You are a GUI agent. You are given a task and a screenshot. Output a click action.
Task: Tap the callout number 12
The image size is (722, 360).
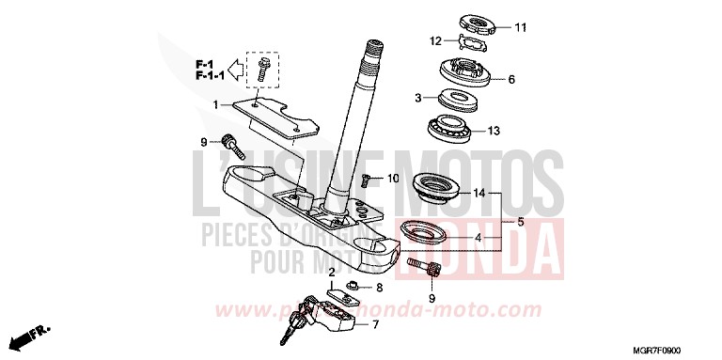435,40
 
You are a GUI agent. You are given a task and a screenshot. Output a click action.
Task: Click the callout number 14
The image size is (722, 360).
479,194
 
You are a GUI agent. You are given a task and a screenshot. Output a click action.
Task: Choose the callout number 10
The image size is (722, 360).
393,178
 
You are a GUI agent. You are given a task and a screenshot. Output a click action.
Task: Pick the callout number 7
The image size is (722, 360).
375,325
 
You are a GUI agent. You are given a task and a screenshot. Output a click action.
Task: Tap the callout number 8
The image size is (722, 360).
379,287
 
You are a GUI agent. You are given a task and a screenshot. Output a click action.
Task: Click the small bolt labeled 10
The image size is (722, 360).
369,178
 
